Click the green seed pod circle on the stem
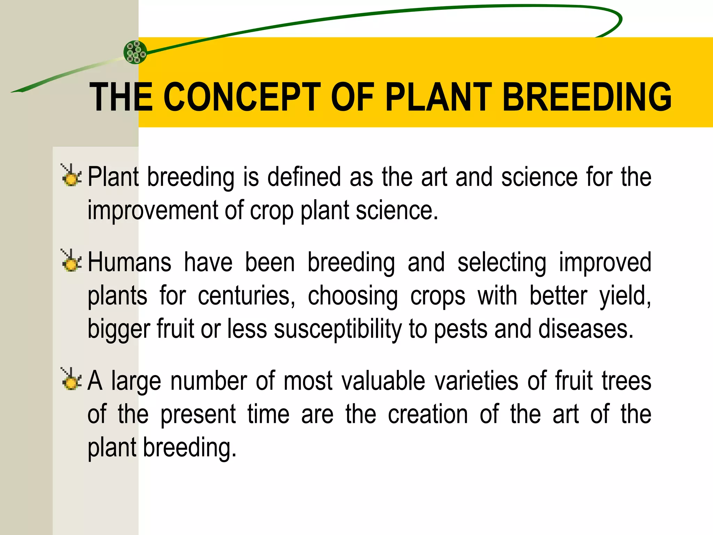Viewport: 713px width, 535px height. click(x=135, y=52)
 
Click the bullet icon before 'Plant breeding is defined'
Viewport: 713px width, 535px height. click(x=71, y=175)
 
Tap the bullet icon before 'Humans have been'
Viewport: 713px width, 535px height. click(x=71, y=261)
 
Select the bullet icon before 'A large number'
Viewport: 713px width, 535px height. click(x=71, y=379)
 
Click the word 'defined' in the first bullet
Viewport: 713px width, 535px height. click(x=304, y=177)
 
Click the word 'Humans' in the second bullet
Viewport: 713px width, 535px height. click(x=129, y=262)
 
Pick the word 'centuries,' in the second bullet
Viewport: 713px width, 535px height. click(x=246, y=296)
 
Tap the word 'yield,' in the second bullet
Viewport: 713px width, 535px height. click(x=625, y=296)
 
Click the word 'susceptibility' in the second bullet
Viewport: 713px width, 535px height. click(x=338, y=329)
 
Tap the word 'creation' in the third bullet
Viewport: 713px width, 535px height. click(x=428, y=414)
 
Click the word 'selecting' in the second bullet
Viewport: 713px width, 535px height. click(x=502, y=262)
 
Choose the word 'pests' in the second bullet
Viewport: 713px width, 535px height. click(x=461, y=329)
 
